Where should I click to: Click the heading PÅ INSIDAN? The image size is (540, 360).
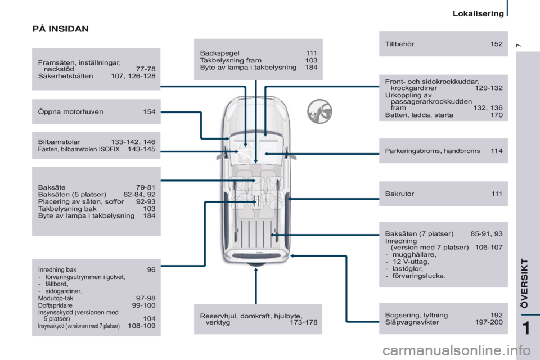61,29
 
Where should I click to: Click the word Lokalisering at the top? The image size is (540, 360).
478,13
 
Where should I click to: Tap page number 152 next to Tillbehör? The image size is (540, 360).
496,44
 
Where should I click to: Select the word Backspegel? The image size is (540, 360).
220,53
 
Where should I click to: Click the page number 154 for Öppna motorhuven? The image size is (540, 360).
149,111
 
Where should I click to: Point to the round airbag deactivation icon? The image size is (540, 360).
319,111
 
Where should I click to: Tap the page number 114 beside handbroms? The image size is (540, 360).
497,151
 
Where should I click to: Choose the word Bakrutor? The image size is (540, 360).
399,193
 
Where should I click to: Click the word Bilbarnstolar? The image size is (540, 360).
59,142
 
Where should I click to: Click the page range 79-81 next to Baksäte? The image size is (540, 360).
146,187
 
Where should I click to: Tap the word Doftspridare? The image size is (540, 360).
55,305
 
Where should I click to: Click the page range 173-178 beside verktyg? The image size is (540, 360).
303,322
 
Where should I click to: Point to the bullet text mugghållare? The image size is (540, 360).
415,255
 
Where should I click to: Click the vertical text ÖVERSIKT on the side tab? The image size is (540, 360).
524,283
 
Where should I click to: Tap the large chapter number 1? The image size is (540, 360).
526,328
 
